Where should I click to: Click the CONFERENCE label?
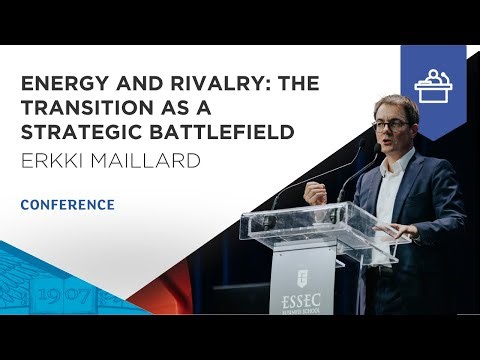click(x=67, y=205)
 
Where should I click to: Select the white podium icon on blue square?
click(x=433, y=82)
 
